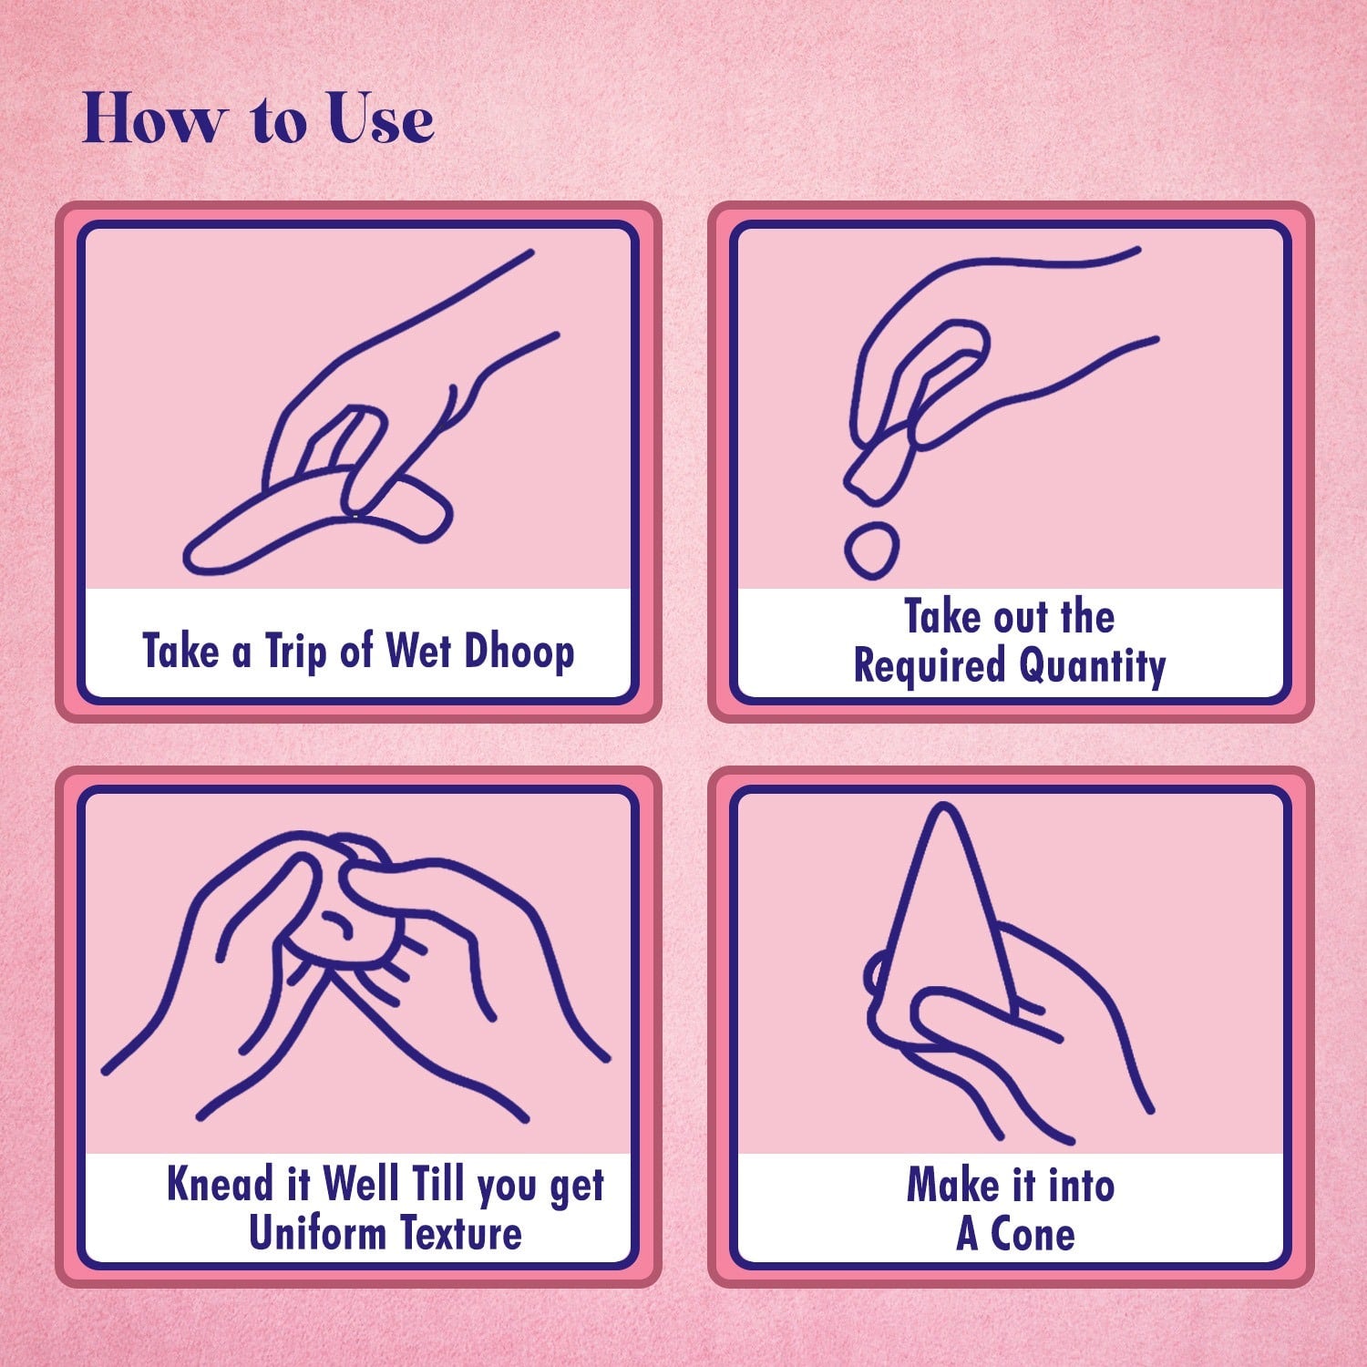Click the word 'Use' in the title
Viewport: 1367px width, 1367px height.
(381, 118)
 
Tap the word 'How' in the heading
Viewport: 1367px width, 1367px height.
(152, 118)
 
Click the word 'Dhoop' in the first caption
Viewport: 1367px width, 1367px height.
(519, 652)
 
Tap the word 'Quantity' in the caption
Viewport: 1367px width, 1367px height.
(1092, 665)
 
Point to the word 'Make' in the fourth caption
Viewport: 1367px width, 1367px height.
(952, 1186)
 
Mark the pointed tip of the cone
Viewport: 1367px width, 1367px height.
(944, 807)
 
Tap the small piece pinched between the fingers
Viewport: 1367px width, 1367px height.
(878, 468)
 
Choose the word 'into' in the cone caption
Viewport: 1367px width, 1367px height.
(1081, 1186)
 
